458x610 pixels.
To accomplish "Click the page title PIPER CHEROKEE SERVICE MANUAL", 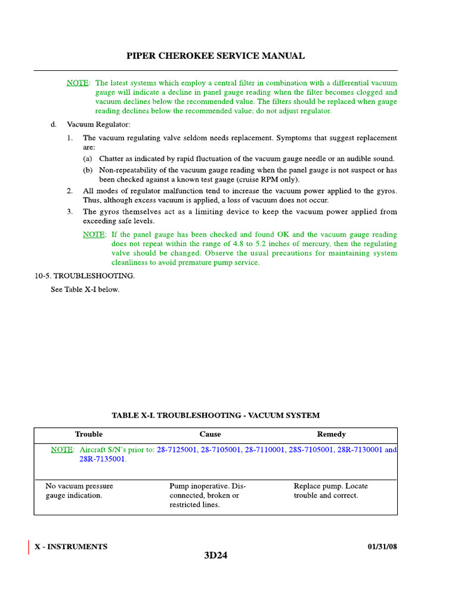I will click(215, 56).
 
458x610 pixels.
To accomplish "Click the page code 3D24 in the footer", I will click(215, 556).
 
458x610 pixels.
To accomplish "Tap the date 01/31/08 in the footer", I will click(379, 546).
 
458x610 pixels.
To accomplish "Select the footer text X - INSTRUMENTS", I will click(71, 546).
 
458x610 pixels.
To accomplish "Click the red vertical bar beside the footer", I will click(29, 547).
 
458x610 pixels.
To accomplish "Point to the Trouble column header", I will click(88, 434).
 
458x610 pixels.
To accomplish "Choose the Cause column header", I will click(210, 434).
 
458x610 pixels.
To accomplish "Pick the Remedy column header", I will click(331, 434).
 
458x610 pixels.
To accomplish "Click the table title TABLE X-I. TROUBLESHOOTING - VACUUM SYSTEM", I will click(215, 415).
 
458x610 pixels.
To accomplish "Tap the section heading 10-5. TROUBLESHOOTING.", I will click(84, 276).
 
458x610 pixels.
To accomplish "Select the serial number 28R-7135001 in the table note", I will click(103, 459).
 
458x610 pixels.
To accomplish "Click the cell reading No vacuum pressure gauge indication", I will click(79, 490).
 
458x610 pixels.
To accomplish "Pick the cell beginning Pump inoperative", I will click(208, 495).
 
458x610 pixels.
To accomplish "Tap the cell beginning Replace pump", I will click(330, 490).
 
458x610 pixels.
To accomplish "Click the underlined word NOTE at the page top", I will click(78, 83).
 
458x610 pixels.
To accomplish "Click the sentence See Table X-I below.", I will click(84, 290).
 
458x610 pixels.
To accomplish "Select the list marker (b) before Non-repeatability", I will click(88, 170).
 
